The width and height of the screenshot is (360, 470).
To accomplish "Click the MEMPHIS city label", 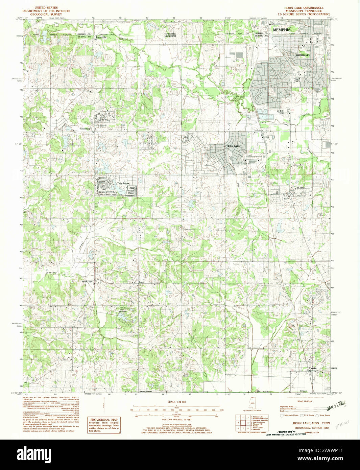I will tap(281, 30).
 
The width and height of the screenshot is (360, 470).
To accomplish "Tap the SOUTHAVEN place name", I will tap(303, 55).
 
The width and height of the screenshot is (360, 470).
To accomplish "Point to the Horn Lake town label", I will tap(233, 146).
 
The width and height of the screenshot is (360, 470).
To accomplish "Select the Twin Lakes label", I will tap(123, 184).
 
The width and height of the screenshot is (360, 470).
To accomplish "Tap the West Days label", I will tap(87, 282).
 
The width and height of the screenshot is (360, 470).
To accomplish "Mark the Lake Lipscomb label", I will tap(122, 310).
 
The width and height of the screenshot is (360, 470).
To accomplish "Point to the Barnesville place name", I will tap(101, 37).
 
